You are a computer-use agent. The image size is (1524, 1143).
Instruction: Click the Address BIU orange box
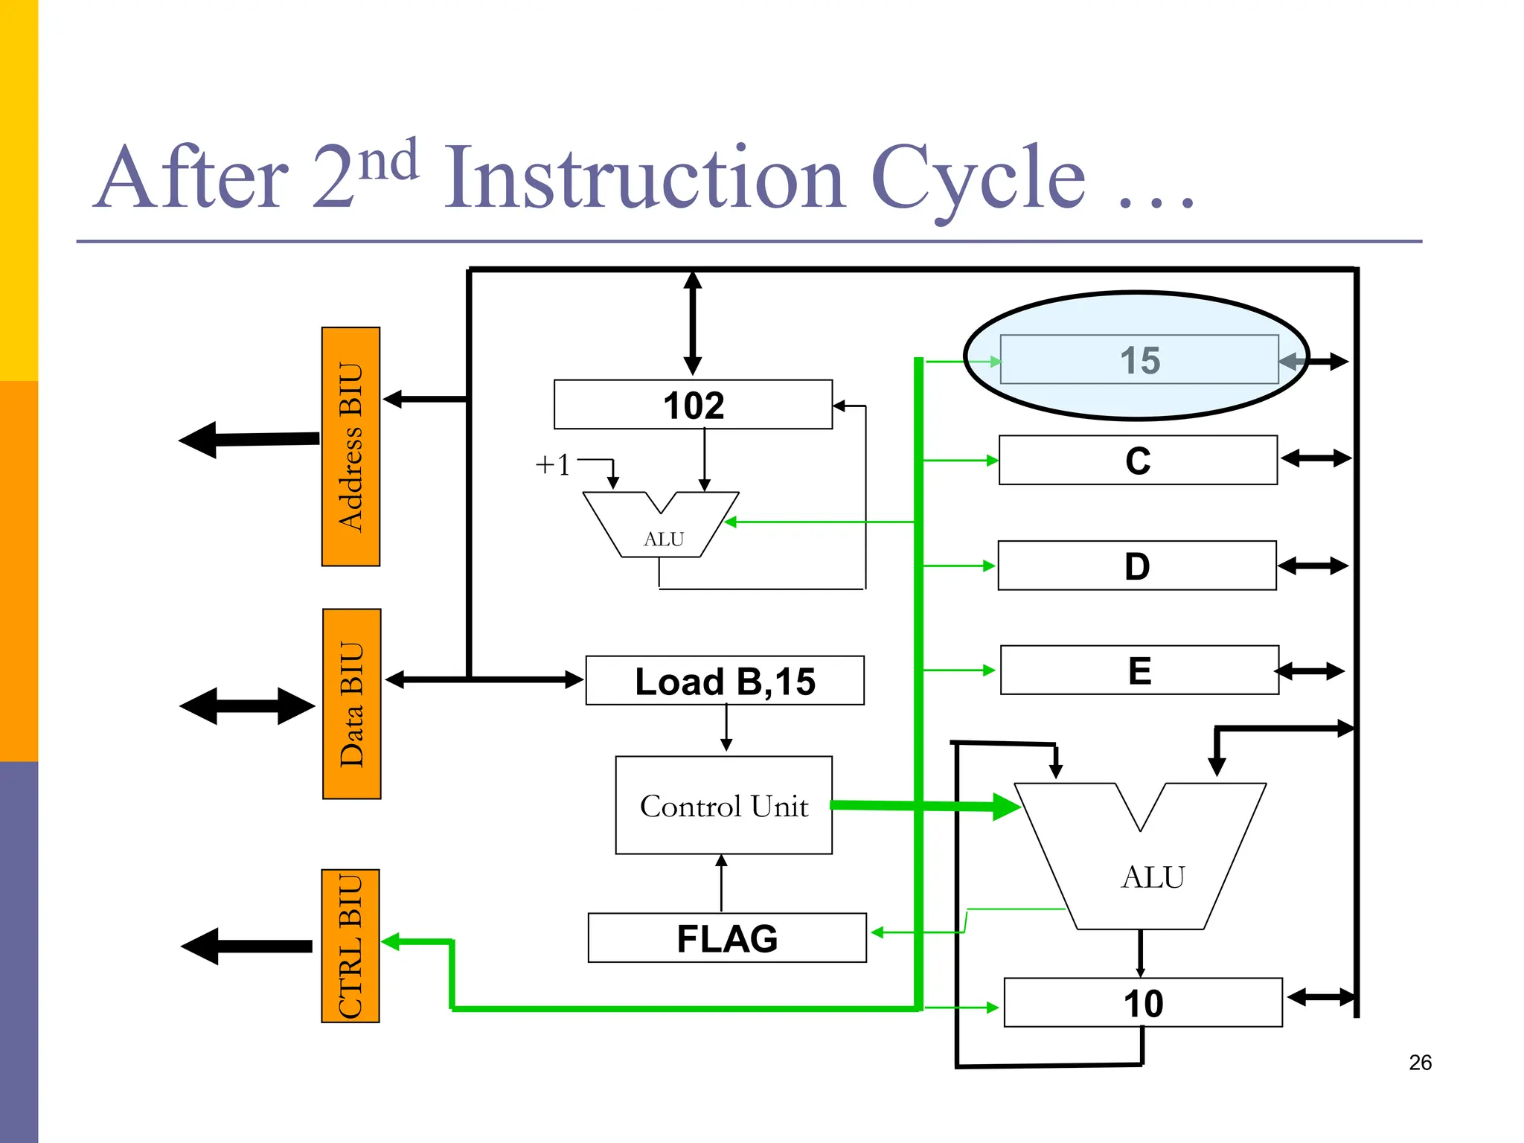[350, 446]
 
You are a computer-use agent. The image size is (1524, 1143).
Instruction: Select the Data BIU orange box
[351, 704]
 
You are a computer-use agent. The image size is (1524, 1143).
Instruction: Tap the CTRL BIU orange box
[350, 946]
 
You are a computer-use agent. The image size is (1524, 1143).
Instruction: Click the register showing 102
[693, 405]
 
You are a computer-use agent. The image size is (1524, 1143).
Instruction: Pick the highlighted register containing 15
[1139, 359]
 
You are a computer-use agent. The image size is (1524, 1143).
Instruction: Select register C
[1138, 461]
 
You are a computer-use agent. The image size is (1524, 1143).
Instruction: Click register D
[1137, 566]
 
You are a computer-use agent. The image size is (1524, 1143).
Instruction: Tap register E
[1139, 670]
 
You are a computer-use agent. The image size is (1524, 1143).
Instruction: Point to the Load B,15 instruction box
[725, 681]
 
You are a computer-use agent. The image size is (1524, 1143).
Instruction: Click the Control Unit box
[723, 806]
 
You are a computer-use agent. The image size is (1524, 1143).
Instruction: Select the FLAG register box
[726, 938]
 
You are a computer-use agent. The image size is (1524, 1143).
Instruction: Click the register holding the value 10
[1143, 1003]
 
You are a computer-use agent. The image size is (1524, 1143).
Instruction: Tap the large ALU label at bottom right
[1153, 877]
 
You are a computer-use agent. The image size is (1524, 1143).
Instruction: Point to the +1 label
[552, 465]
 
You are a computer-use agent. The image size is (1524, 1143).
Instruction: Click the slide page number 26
[1420, 1063]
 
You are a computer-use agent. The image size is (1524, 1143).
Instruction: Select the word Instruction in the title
[644, 179]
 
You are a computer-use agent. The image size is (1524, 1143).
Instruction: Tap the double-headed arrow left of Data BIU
[247, 705]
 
